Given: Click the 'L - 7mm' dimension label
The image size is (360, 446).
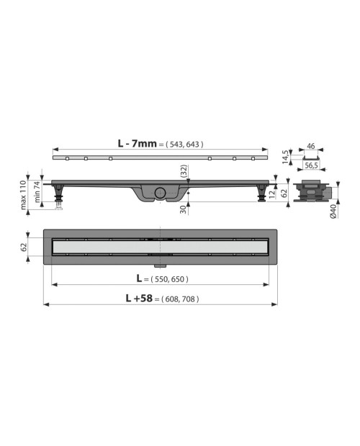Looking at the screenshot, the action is [x=138, y=144].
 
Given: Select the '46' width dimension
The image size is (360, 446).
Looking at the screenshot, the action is [x=311, y=146].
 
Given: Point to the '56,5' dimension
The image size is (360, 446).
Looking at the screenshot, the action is [x=311, y=165].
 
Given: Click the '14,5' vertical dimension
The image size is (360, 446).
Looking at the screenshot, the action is [x=285, y=157].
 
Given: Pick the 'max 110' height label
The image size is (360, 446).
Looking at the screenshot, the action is [x=23, y=195].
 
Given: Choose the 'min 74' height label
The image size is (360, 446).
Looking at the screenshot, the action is [x=37, y=192].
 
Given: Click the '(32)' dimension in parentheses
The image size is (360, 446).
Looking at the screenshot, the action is [x=184, y=171].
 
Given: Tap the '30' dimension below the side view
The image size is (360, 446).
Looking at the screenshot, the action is [x=184, y=209].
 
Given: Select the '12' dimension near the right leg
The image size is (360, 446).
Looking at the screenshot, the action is [x=271, y=194].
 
